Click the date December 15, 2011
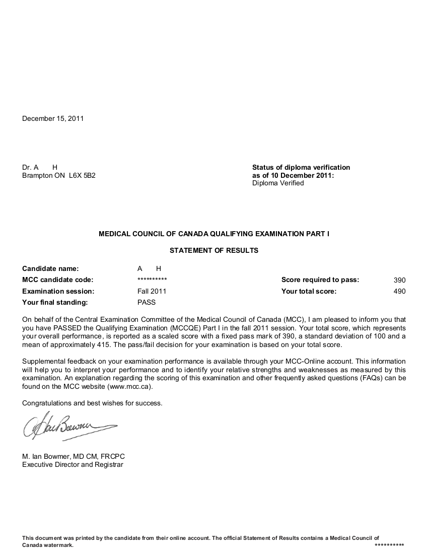(x=53, y=119)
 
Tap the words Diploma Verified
(x=278, y=183)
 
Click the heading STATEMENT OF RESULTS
(x=213, y=250)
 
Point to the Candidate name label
(x=50, y=269)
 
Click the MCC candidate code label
(x=58, y=280)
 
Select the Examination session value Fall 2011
(x=152, y=291)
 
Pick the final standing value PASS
(x=147, y=302)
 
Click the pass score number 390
(x=399, y=280)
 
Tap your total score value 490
(x=399, y=291)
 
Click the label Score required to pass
(x=320, y=280)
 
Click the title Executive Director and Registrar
(x=73, y=464)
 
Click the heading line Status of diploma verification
(x=301, y=167)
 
